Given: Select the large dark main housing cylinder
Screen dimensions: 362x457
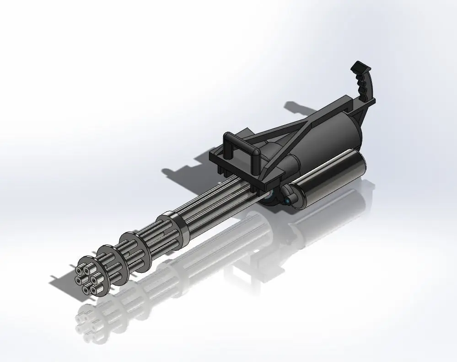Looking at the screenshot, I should point(329,133).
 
